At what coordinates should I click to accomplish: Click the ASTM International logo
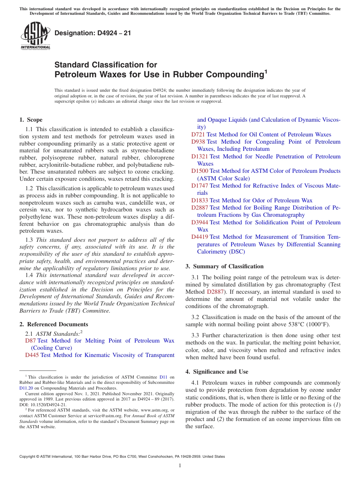[35, 36]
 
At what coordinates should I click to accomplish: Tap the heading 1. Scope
[31, 120]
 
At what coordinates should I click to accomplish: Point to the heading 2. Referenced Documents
[53, 324]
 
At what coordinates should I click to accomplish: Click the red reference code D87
[30, 341]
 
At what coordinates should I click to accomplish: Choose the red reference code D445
[32, 355]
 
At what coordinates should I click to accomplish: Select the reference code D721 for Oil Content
[198, 135]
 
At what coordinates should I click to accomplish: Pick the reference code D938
[198, 142]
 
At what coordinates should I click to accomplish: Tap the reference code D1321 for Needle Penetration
[200, 156]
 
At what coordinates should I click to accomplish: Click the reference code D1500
[200, 171]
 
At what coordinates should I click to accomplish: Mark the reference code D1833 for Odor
[200, 200]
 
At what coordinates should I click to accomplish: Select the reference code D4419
[200, 237]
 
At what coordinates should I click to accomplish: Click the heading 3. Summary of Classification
[224, 266]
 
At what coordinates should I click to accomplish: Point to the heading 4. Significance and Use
[217, 372]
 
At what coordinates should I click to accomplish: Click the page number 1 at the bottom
[180, 466]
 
